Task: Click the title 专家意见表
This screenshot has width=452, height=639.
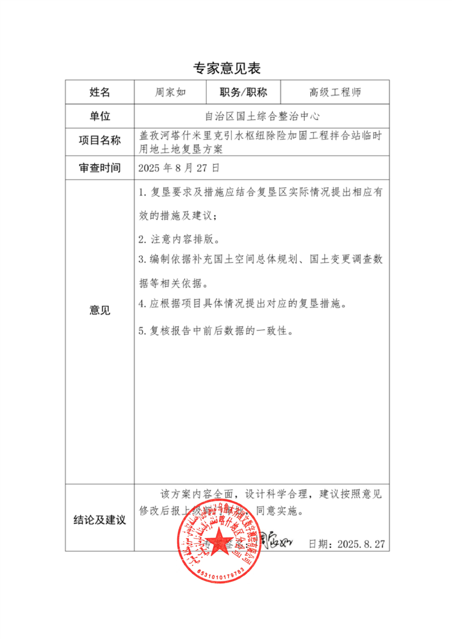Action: click(x=226, y=69)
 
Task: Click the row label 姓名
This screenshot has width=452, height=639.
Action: click(x=99, y=92)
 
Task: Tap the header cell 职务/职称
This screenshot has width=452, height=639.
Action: click(x=243, y=92)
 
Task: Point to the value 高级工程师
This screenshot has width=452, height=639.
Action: click(x=335, y=92)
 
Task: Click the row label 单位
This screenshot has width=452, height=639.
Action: click(x=99, y=116)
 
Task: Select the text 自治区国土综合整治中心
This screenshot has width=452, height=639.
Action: click(x=262, y=116)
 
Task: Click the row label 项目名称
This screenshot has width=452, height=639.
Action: click(x=99, y=141)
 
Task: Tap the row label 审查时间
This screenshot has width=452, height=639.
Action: click(x=99, y=168)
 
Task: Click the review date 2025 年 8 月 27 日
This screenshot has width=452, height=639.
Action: click(x=179, y=168)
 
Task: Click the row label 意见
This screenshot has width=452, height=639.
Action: click(x=99, y=311)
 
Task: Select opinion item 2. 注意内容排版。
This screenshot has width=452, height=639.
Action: click(x=179, y=238)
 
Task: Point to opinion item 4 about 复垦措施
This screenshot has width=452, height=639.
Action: click(x=243, y=304)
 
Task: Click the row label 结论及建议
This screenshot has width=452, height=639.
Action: click(x=99, y=519)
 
